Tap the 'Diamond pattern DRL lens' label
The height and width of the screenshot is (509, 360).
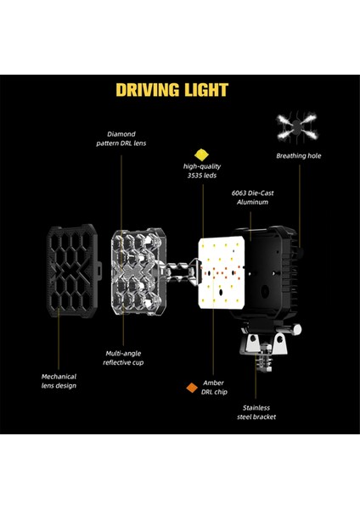pos(128,139)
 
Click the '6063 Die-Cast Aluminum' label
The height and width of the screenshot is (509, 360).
pos(251,198)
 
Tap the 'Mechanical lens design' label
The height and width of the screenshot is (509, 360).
pos(59,380)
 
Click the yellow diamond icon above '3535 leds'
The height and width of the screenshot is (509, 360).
pos(201,154)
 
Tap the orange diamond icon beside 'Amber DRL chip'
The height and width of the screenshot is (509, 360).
pos(192,389)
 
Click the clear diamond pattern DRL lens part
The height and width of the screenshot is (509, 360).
pos(138,272)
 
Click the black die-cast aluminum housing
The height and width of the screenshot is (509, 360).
pos(276,276)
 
